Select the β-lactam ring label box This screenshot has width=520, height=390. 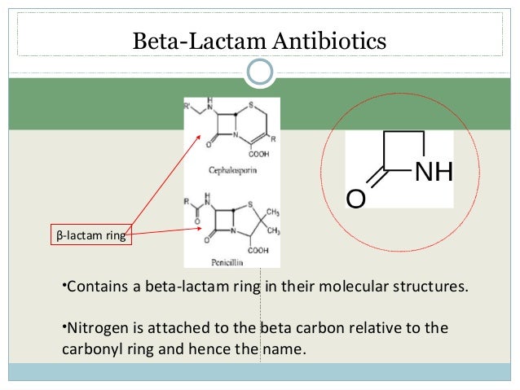pyautogui.click(x=90, y=237)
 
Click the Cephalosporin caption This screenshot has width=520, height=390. pyautogui.click(x=231, y=173)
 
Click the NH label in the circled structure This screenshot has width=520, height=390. pyautogui.click(x=434, y=173)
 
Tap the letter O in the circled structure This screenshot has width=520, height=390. pyautogui.click(x=355, y=199)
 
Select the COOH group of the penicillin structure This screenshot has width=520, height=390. pyautogui.click(x=258, y=250)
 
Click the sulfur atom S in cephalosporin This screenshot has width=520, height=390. pyautogui.click(x=253, y=106)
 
